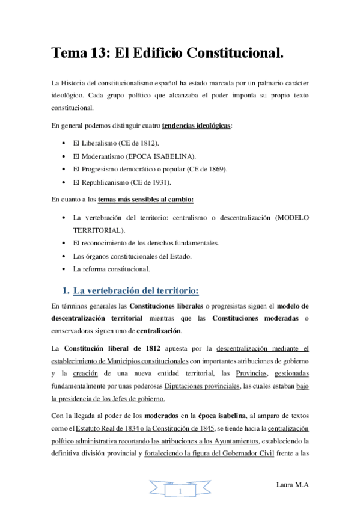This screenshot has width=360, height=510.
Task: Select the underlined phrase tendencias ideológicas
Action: click(197, 126)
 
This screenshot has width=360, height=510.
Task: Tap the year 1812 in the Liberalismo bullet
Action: click(149, 143)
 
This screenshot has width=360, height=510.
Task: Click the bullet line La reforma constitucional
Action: click(111, 269)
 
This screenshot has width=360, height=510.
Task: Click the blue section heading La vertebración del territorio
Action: click(135, 291)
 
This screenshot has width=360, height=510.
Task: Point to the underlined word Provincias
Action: click(251, 373)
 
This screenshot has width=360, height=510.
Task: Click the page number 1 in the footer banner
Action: click(180, 492)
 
